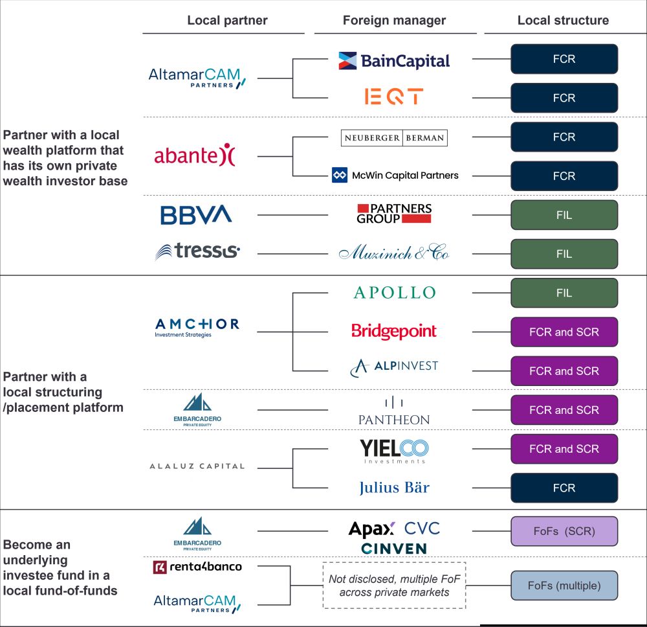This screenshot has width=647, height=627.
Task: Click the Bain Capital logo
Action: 394,61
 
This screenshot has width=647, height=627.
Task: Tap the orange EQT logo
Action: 394,97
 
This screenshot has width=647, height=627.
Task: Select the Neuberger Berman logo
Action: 394,137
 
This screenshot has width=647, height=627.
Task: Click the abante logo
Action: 195,155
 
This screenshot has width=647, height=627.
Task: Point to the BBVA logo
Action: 196,215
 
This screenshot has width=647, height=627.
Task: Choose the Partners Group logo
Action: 394,213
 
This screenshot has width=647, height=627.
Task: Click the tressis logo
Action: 197,251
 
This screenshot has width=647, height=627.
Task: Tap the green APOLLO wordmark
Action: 395,293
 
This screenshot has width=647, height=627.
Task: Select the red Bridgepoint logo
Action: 394,331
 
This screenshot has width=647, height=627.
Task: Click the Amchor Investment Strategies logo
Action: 197,328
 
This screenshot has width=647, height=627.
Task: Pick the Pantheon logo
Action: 394,411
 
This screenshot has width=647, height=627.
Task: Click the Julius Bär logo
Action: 394,488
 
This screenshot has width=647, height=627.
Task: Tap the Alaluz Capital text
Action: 197,466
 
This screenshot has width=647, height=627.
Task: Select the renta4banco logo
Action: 197,567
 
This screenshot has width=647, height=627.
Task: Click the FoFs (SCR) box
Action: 564,531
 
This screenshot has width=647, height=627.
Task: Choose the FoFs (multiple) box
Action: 564,586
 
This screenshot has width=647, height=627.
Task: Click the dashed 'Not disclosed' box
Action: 394,563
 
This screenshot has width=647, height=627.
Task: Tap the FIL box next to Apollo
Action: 564,293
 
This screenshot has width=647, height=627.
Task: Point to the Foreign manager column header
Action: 394,20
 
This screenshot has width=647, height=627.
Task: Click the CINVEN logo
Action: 394,549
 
